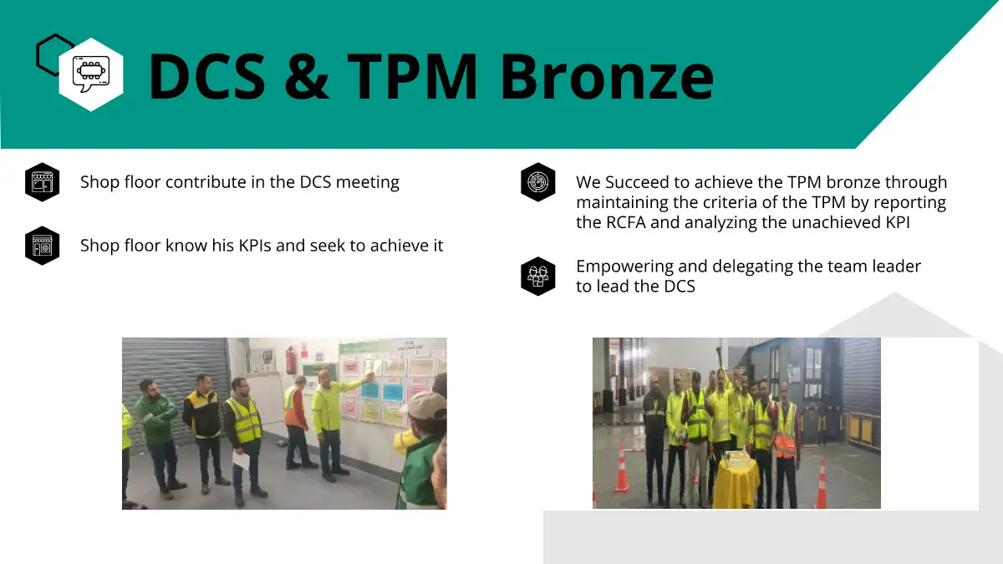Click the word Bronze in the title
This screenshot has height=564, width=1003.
coord(606,76)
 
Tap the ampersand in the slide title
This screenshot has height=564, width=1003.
coord(306,76)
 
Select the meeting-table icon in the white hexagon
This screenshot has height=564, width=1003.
coord(91,74)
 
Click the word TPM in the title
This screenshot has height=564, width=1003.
coord(412,76)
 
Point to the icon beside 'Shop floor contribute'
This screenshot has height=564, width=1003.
coord(42,182)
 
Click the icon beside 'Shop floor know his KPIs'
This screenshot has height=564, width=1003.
coord(42,246)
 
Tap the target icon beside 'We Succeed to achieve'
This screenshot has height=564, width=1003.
coord(537,182)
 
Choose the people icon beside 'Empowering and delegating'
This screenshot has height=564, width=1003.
coord(537,277)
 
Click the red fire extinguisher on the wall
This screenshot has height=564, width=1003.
coord(291,359)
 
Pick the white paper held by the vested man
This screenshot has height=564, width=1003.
coord(241,460)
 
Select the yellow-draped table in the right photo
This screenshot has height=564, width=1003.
coord(736,481)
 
